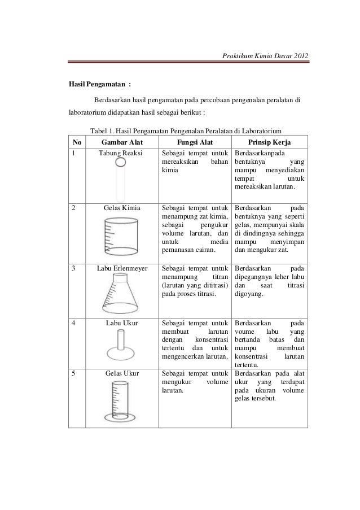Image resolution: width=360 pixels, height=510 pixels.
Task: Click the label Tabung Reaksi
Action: [x=121, y=152]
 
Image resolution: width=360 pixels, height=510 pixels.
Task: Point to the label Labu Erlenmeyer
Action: [x=121, y=268]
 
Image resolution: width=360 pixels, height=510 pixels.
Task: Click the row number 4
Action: [x=72, y=324]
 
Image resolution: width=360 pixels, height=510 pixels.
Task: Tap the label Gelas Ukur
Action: [x=121, y=373]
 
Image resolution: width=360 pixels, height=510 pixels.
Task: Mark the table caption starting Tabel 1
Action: [x=186, y=130]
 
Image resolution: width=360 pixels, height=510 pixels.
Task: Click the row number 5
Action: [x=72, y=373]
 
